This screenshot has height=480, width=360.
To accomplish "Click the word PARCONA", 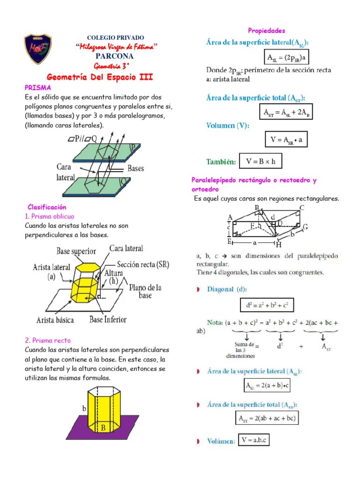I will (x=115, y=56).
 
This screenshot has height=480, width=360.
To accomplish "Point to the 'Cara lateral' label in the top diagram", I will (x=66, y=172).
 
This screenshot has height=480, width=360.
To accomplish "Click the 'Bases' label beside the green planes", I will (x=135, y=168).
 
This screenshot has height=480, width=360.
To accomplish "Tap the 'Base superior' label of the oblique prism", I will (x=76, y=251).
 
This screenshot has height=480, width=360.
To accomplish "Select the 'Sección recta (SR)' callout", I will (x=143, y=264).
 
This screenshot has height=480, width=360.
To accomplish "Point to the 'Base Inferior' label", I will (x=108, y=320).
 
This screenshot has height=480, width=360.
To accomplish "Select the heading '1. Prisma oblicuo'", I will (x=49, y=216).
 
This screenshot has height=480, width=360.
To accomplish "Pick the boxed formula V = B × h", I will (x=261, y=162).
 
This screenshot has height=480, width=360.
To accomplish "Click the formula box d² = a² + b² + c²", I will (x=267, y=306).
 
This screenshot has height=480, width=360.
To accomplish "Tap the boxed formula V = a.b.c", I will (x=254, y=440).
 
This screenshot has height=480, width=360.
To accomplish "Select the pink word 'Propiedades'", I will (x=266, y=31).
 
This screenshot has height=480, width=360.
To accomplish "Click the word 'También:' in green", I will (x=221, y=162).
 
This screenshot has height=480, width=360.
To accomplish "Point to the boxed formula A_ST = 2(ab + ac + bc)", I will (x=267, y=418).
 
